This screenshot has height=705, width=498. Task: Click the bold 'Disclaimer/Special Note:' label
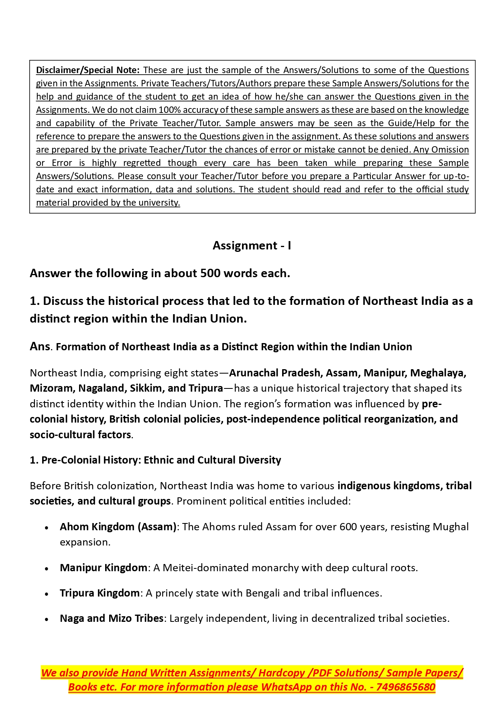[87, 70]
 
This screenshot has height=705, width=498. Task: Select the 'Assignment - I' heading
[252, 245]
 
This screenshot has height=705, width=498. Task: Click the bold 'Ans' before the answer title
[40, 346]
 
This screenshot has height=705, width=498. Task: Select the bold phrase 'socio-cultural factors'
[80, 435]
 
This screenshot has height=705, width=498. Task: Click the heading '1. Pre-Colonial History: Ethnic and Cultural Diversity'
[155, 460]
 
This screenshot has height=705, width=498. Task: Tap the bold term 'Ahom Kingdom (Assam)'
[118, 527]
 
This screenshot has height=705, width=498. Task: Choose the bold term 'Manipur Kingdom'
[104, 568]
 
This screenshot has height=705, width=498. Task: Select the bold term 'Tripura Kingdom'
[100, 593]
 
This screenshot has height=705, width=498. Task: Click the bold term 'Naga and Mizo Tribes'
[112, 618]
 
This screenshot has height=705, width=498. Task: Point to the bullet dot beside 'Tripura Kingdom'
[47, 594]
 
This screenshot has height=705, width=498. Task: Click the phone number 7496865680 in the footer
[406, 687]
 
